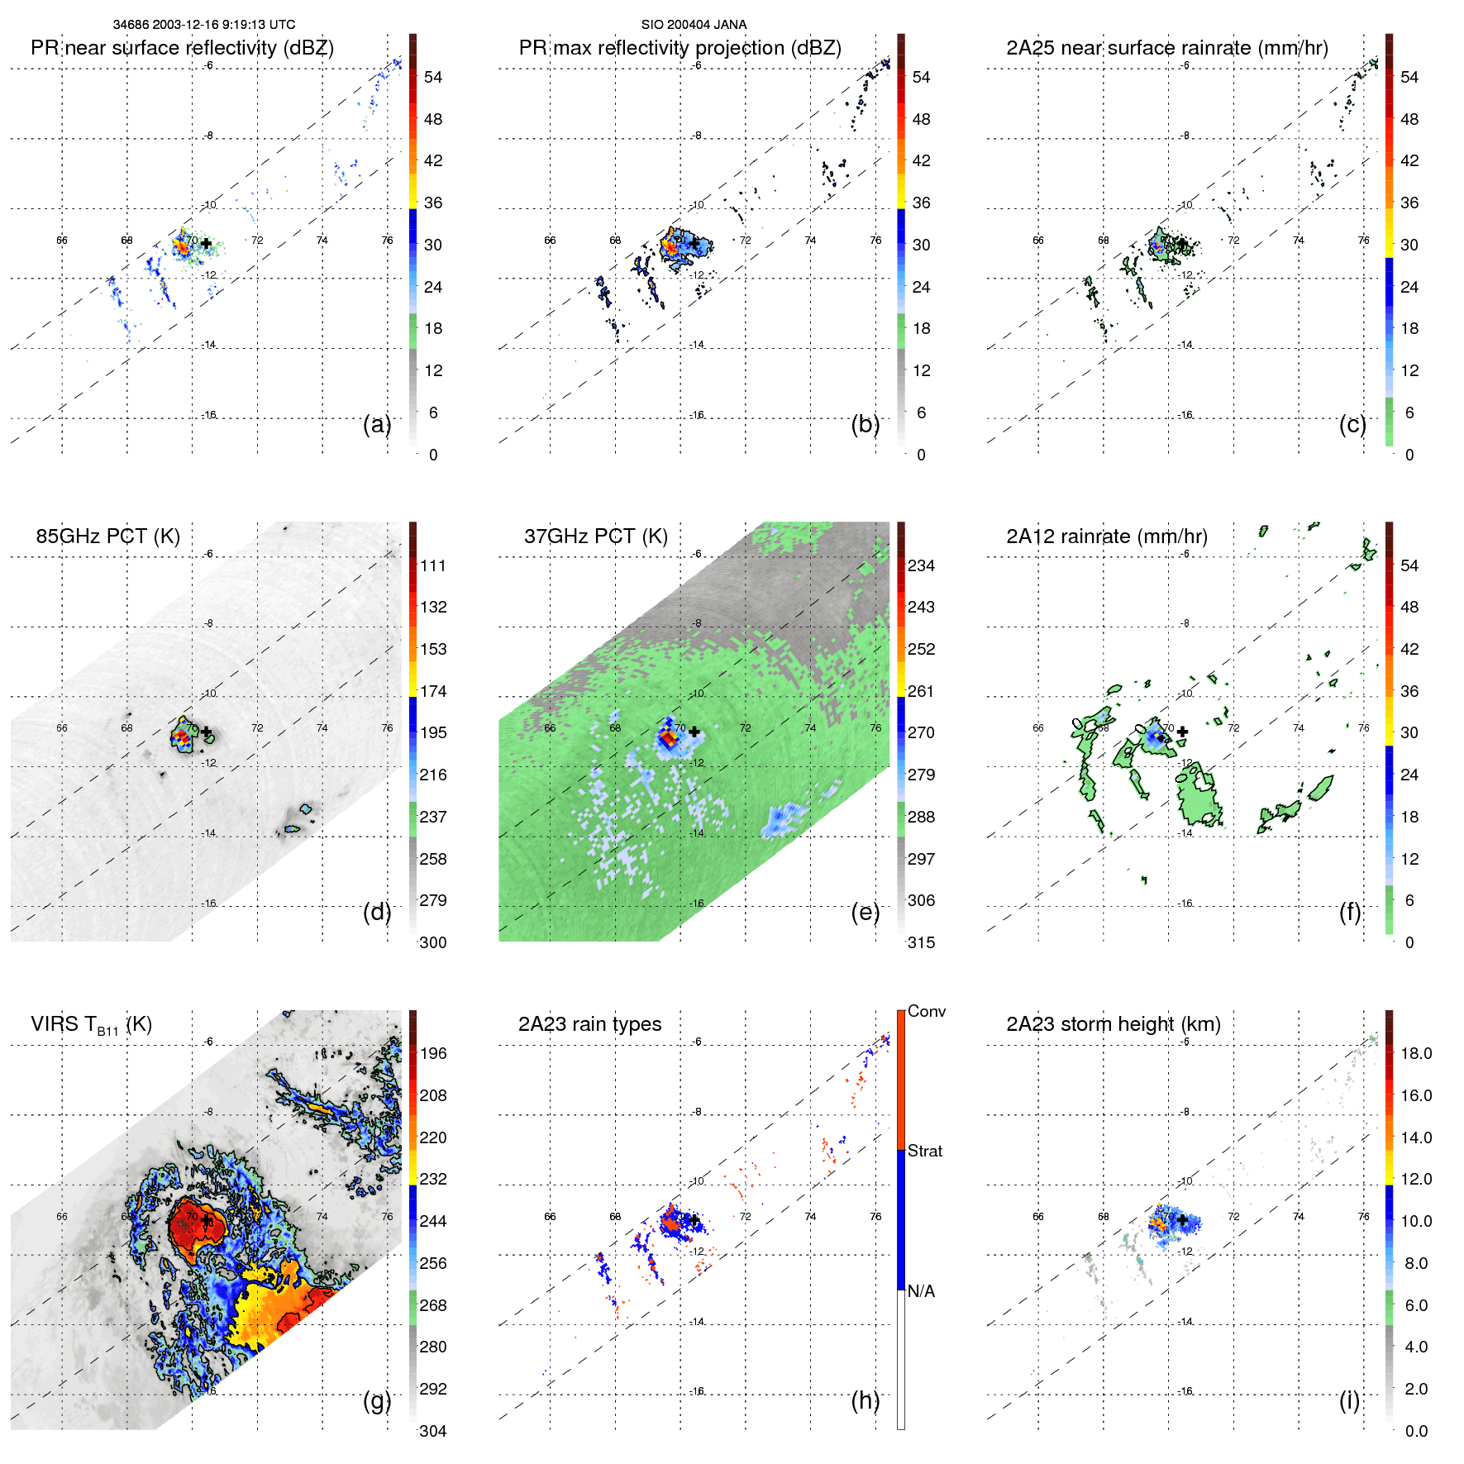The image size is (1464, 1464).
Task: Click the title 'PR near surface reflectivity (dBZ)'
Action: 182,48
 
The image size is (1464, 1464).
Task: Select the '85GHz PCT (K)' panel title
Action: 107,536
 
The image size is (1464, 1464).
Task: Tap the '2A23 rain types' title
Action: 589,1024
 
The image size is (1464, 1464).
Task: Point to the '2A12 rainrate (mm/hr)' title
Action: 1106,536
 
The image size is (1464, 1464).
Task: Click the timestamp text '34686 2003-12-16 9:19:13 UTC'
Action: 204,25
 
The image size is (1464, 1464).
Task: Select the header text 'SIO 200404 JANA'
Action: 694,25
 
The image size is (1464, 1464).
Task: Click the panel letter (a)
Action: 377,425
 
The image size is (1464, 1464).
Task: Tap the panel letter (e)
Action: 866,913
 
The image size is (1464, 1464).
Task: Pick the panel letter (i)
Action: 1349,1400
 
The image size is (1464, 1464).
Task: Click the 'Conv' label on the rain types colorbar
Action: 927,1011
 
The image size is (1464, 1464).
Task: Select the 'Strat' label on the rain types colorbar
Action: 925,1151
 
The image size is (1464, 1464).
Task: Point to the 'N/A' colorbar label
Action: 922,1291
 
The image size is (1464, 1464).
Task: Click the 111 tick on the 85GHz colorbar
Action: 433,565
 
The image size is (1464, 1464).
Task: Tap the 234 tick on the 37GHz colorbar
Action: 921,565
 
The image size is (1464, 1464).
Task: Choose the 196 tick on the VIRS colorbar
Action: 433,1053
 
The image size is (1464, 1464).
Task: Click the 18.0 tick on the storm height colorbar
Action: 1416,1053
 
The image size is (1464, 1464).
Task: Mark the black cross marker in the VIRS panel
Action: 206,1220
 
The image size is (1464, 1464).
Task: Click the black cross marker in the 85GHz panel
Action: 206,732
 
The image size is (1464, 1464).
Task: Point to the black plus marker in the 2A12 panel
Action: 1182,732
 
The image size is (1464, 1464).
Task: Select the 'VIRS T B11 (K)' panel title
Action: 91,1025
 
